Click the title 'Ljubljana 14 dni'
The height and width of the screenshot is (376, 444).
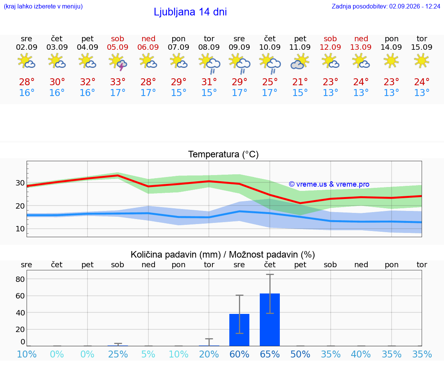tap(190, 12)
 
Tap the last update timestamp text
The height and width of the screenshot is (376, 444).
tap(386, 6)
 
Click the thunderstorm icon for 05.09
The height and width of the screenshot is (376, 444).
tap(118, 61)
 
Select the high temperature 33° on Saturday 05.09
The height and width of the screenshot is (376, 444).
tap(118, 82)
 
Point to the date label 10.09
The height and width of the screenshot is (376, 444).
tap(270, 47)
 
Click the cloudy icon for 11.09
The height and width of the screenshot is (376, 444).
tap(299, 62)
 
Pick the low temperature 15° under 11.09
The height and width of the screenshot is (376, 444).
tap(300, 93)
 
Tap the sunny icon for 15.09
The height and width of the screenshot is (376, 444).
tap(422, 61)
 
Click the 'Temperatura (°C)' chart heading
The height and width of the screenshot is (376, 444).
tap(224, 154)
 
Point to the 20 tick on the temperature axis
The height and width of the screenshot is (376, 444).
tap(20, 206)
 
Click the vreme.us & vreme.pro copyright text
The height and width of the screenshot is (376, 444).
tap(329, 184)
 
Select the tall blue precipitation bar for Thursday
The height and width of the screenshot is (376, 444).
tap(270, 320)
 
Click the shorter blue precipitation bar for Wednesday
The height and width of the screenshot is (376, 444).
tap(239, 330)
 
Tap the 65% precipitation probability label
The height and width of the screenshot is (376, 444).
tap(270, 354)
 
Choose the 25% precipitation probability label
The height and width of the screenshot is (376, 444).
tap(118, 354)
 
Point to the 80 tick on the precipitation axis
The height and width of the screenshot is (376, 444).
tap(20, 279)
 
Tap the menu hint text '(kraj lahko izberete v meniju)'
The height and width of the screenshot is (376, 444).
tap(43, 6)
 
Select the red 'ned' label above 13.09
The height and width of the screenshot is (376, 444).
tap(361, 39)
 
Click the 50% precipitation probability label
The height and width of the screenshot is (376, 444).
tap(300, 354)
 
